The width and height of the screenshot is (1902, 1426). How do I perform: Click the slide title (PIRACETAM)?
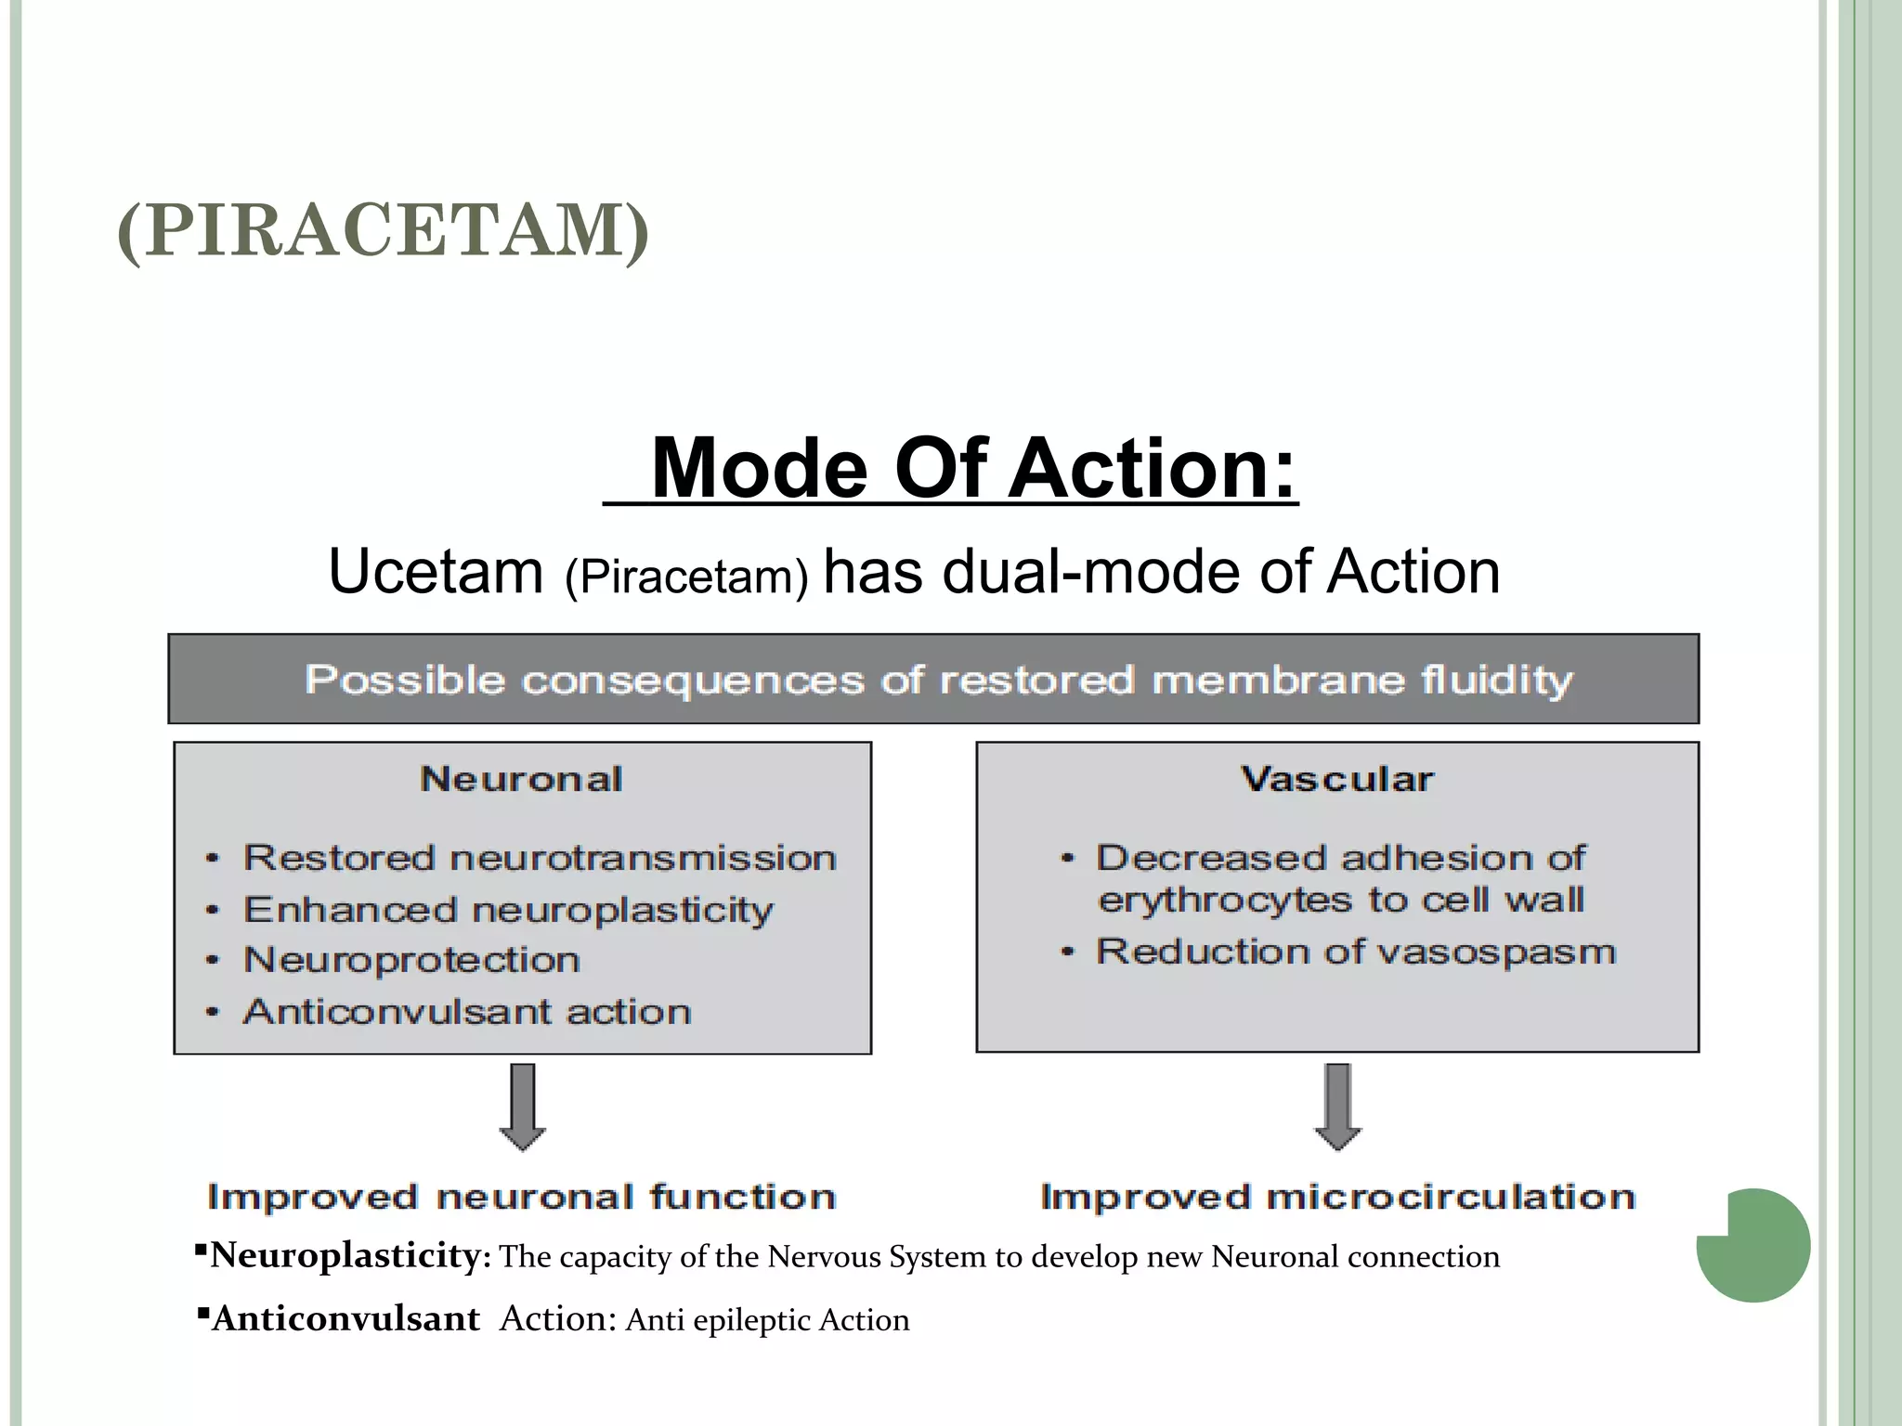coord(383,230)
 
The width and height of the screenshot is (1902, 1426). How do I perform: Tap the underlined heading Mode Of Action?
coord(972,468)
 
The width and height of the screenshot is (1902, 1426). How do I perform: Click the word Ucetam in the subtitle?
coord(436,572)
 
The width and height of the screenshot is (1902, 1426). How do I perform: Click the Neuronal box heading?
coord(521,779)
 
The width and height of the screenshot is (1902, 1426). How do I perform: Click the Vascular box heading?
coord(1337,779)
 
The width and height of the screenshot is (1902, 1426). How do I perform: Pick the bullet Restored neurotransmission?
coord(540,858)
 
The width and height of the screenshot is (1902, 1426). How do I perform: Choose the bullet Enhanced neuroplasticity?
coord(508,910)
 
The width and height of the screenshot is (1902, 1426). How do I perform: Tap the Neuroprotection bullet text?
coord(411,960)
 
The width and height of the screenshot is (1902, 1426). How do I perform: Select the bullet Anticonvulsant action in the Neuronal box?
coord(467,1011)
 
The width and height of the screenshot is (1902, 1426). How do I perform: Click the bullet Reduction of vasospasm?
coord(1356,952)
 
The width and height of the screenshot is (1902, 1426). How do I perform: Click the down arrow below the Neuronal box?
coord(523,1107)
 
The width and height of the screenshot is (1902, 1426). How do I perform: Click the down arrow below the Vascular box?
coord(1337,1107)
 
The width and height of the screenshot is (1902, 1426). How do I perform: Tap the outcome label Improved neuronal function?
coord(522,1197)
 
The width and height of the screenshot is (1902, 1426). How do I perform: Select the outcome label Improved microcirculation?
coord(1337,1197)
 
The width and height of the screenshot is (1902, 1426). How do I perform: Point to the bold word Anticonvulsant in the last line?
coord(345,1319)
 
